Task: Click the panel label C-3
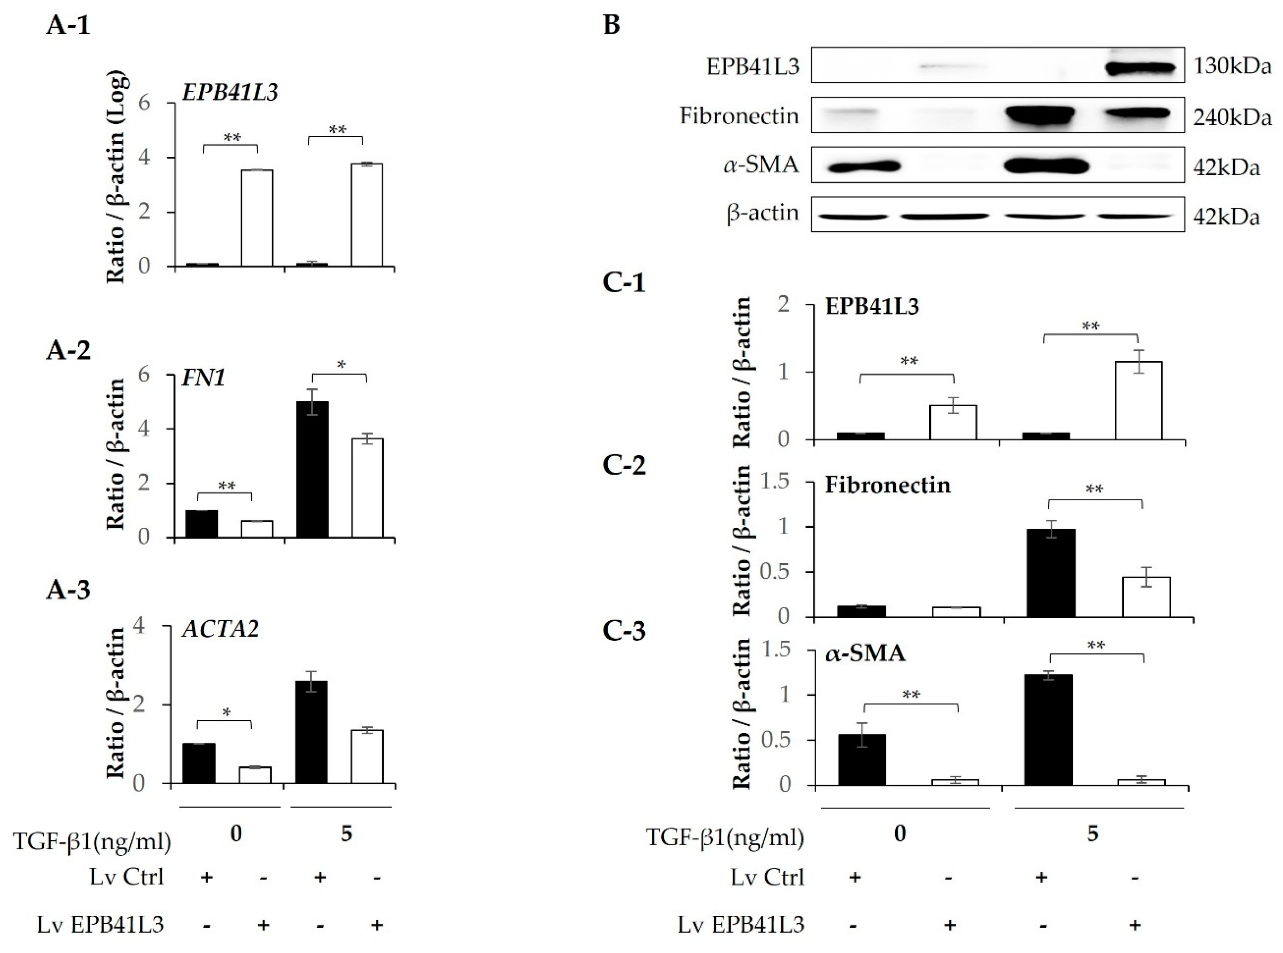[x=624, y=631]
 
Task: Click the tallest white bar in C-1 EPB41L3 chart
[x=1138, y=400]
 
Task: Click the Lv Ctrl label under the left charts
[x=126, y=877]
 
